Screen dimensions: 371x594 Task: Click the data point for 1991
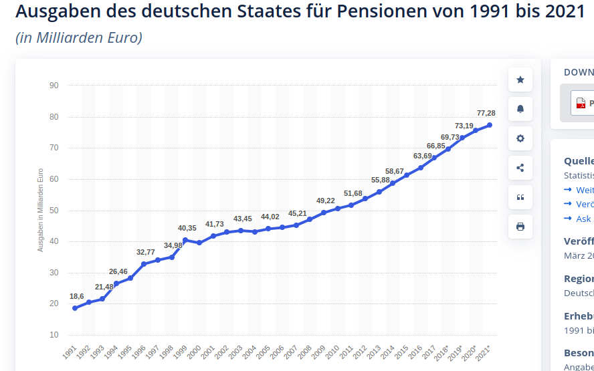[x=75, y=308]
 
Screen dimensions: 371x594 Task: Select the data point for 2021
[x=490, y=125]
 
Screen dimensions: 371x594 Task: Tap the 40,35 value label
[x=187, y=229]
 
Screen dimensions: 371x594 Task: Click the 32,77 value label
[x=146, y=252]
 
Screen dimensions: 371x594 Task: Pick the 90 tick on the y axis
[x=54, y=86]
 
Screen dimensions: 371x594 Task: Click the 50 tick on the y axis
[x=54, y=211]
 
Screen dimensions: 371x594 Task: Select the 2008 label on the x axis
[x=305, y=352]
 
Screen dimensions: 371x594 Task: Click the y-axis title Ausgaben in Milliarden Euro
[x=40, y=210]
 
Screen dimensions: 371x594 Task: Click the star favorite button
[x=520, y=80]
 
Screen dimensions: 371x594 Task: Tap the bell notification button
[x=520, y=109]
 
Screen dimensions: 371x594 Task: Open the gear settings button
[x=520, y=138]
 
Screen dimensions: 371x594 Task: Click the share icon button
[x=520, y=168]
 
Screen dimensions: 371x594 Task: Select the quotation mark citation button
[x=520, y=197]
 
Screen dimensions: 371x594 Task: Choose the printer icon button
[x=520, y=227]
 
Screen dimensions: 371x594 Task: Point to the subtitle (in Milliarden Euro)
[x=79, y=38]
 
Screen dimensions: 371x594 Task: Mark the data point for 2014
[x=393, y=183]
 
